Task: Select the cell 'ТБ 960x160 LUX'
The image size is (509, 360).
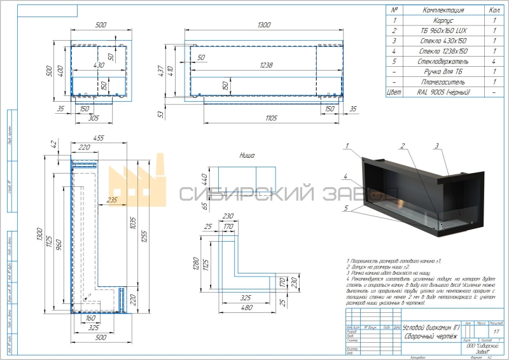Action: (x=442, y=31)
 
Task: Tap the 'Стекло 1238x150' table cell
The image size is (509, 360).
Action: (x=442, y=51)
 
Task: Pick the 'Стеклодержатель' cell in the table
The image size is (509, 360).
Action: (x=442, y=62)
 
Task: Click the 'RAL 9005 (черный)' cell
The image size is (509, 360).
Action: (x=442, y=93)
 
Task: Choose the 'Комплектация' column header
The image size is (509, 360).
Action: (x=442, y=10)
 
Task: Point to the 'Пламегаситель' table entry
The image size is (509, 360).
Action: (x=442, y=82)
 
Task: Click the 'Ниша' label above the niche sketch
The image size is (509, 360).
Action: (x=247, y=155)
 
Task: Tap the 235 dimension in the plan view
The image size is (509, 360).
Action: (x=112, y=201)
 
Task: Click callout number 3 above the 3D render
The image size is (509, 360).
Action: (x=437, y=146)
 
